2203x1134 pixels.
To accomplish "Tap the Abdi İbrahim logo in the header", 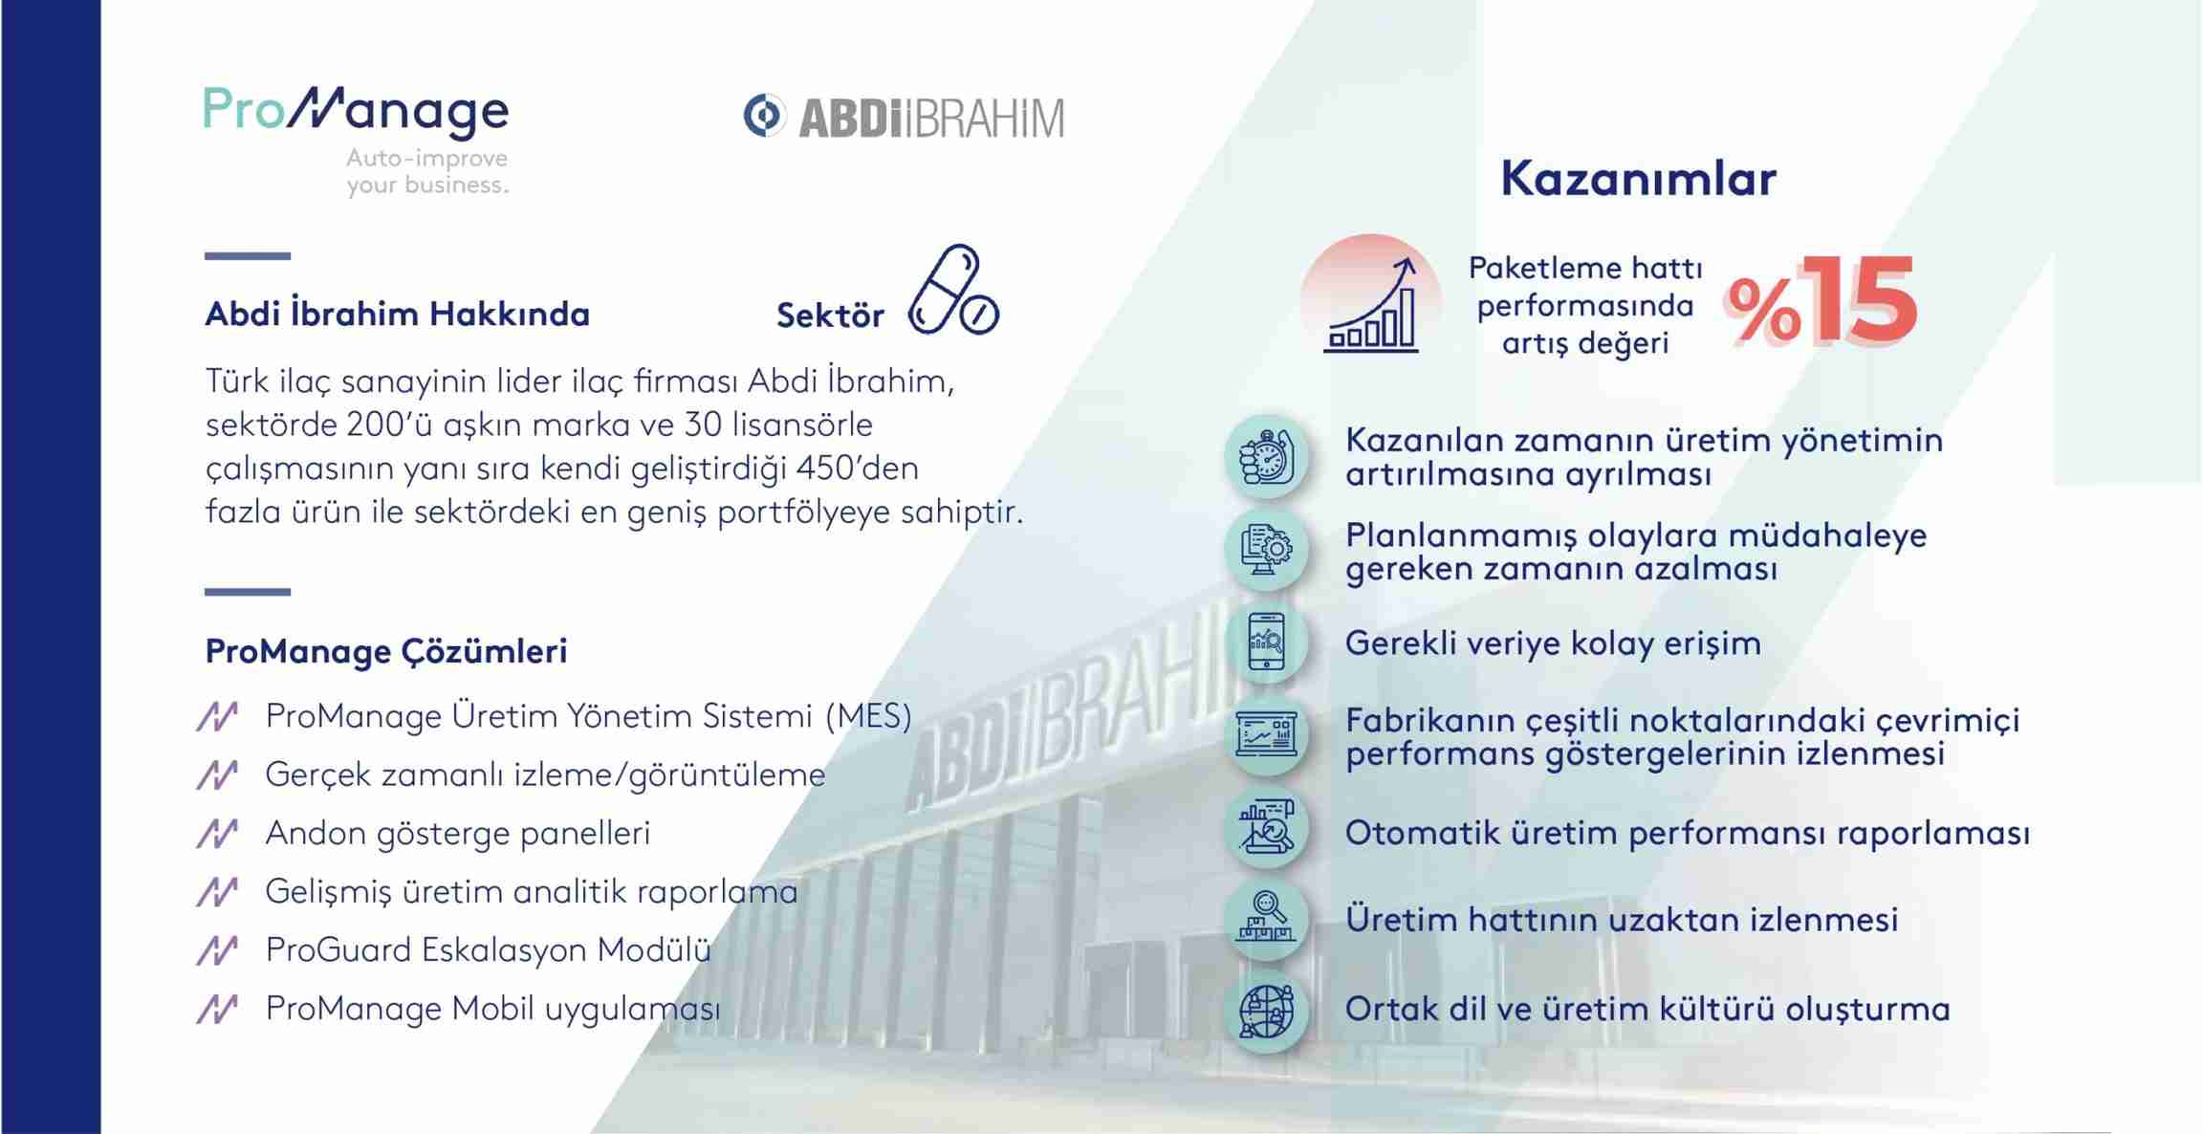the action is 904,117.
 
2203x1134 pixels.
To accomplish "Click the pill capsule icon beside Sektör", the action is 953,291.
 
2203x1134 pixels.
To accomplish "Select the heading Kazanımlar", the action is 1638,179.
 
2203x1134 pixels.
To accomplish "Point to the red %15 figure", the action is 1820,300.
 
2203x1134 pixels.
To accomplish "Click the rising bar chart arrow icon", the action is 1371,304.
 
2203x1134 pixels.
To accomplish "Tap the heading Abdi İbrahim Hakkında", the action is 397,314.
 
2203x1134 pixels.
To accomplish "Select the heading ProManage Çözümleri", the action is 386,651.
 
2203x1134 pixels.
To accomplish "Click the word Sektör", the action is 830,316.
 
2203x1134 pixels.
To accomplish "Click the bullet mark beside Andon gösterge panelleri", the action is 217,833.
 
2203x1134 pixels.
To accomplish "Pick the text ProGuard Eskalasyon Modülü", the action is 488,949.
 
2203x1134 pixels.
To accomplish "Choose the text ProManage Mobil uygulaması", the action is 492,1009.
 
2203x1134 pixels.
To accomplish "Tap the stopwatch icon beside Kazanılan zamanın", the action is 1267,457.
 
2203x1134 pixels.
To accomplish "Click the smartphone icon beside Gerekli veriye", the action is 1267,641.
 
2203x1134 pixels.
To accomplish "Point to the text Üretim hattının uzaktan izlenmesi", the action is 1622,919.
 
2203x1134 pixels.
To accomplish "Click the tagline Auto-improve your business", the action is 427,171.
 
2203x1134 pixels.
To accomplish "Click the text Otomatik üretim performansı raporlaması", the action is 1688,833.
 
